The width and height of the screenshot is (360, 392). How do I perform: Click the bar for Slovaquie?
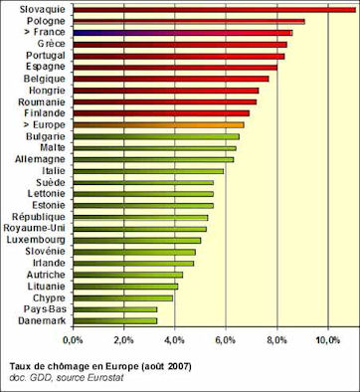(214, 10)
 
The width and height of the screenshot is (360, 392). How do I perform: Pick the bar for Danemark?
(114, 320)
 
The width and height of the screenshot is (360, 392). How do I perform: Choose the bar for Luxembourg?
(136, 240)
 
